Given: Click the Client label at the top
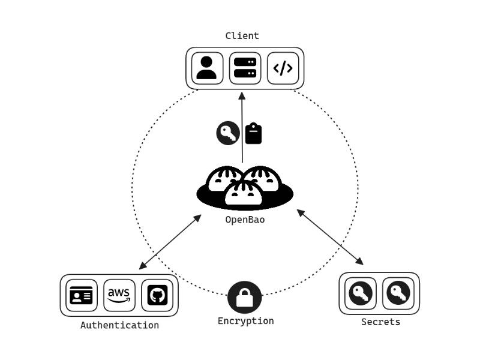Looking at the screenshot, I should click(x=242, y=35).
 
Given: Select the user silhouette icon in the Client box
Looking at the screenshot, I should click(x=206, y=68).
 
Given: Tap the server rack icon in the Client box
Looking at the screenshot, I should click(x=245, y=68).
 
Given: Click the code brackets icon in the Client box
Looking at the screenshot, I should click(x=283, y=68).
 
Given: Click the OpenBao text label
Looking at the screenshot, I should click(x=245, y=220).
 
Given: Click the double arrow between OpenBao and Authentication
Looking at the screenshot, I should click(x=170, y=242).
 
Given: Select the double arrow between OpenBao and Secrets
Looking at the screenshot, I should click(x=330, y=236).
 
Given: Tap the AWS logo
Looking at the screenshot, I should click(x=119, y=295).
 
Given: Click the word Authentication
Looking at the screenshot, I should click(x=119, y=325).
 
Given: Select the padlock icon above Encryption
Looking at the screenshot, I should click(x=245, y=297).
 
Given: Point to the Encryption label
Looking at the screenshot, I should click(x=245, y=321).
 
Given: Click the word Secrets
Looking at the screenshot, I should click(x=380, y=322).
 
